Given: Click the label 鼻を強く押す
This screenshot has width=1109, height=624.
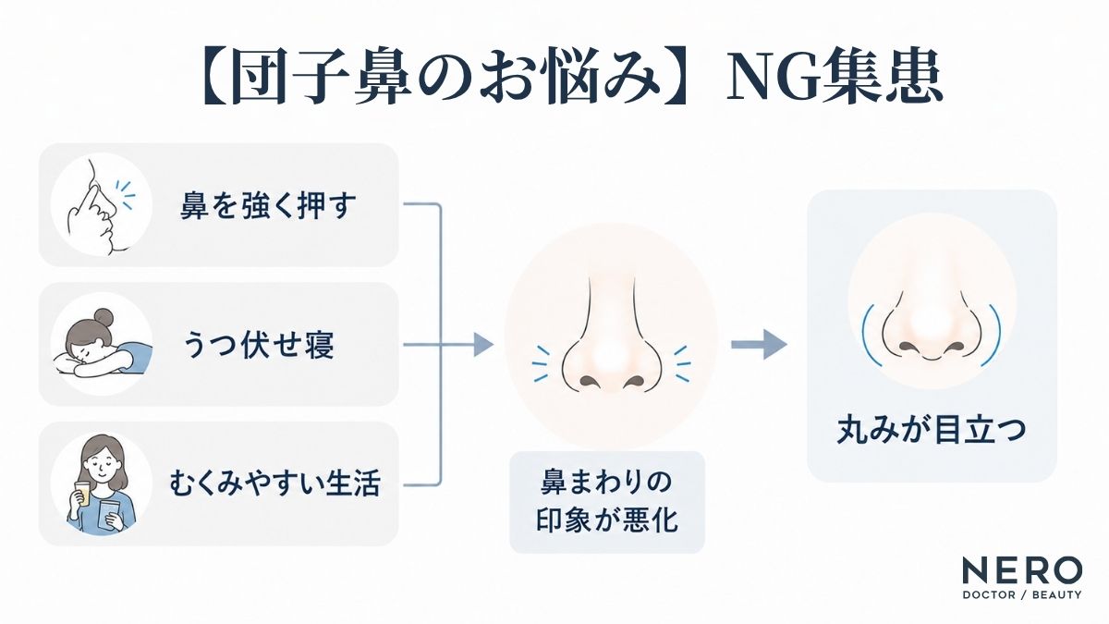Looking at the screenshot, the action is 268,205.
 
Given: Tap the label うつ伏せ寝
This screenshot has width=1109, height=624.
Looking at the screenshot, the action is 259,345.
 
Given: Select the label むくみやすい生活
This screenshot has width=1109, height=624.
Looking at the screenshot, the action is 274,483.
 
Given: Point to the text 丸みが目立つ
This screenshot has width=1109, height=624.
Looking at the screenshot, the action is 931,430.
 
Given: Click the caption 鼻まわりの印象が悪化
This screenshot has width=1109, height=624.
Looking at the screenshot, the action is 607,501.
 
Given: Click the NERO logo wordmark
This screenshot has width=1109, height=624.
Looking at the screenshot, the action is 1022,571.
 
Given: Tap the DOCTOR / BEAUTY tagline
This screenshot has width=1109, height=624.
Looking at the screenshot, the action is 1022,594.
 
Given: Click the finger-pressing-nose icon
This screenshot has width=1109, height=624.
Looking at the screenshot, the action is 102,205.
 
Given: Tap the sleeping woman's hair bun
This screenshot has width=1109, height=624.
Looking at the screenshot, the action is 104,316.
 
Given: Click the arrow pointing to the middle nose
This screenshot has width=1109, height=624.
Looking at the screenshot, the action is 448,344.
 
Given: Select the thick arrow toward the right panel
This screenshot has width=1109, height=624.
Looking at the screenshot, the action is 759,344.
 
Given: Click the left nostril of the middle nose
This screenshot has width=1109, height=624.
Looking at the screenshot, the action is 588,381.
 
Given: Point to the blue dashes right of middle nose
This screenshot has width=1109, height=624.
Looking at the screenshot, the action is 683,364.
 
